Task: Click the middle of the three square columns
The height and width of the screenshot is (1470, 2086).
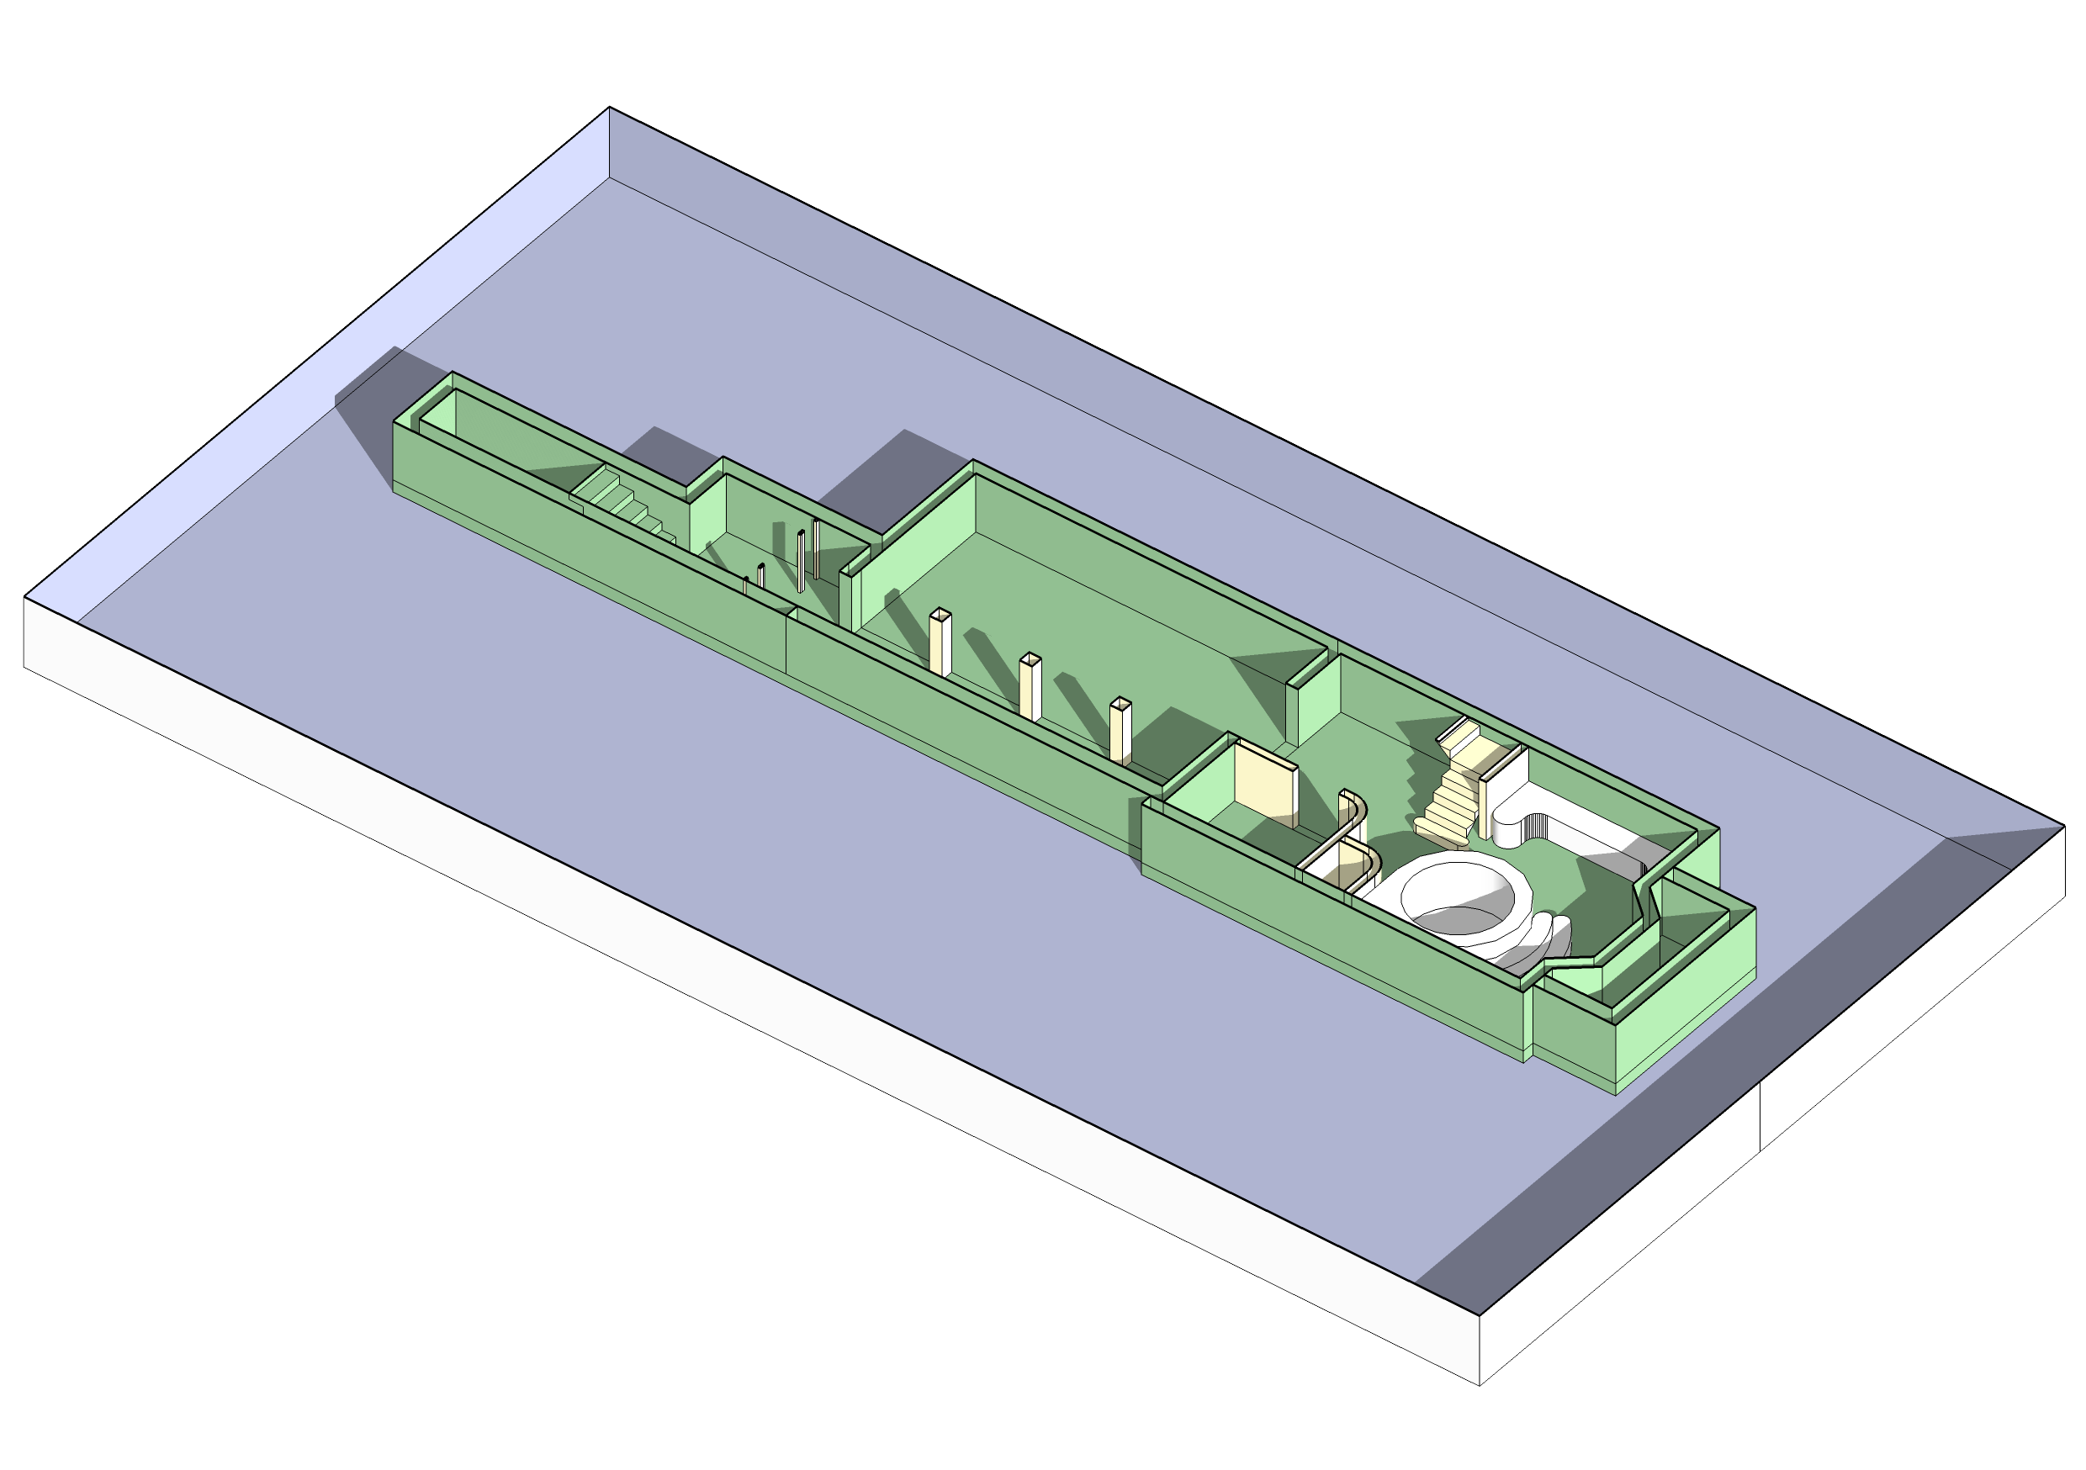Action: (1030, 690)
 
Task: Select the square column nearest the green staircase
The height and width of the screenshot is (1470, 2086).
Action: (940, 646)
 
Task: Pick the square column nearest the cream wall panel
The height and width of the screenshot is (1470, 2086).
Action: (1120, 732)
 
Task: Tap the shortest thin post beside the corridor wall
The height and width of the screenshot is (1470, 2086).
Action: (746, 586)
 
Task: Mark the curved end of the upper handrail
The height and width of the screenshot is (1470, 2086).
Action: (1360, 803)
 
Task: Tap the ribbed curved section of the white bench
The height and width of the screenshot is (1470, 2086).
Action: (1535, 824)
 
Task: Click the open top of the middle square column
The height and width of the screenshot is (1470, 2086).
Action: (1030, 658)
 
